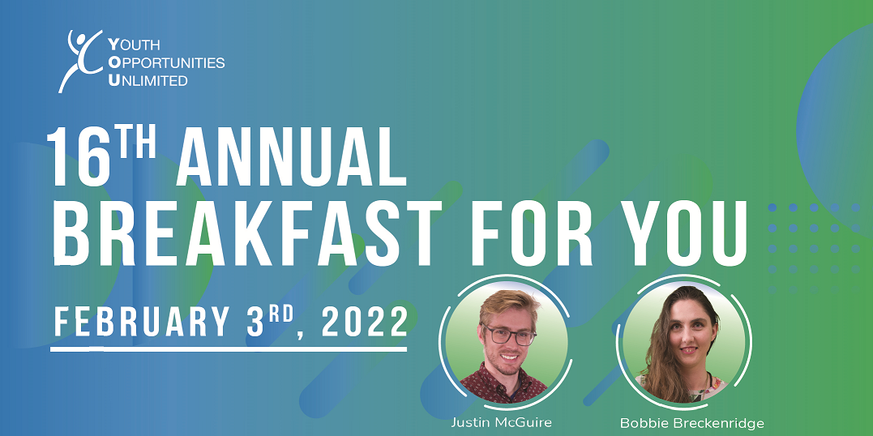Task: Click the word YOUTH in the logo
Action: [x=135, y=45]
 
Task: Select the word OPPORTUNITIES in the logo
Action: [x=166, y=62]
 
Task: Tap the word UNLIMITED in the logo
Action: [x=148, y=80]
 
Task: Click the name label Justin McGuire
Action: [x=500, y=422]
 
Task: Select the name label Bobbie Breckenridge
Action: [x=691, y=423]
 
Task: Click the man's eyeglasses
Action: [x=509, y=335]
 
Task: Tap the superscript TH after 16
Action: [x=136, y=143]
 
